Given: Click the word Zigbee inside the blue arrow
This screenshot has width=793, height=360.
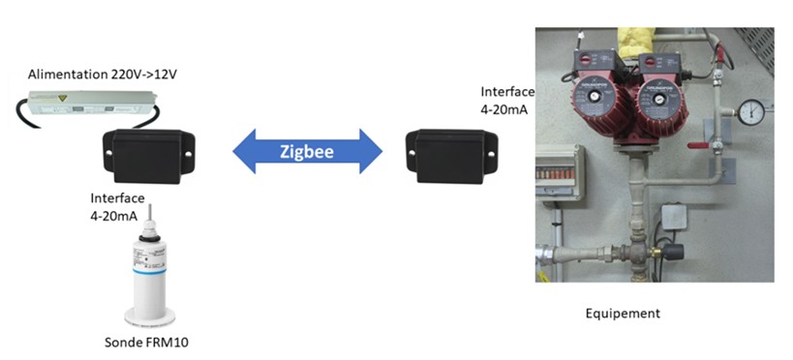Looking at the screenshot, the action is [x=308, y=151].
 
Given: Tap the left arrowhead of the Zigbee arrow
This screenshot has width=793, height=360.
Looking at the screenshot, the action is [x=245, y=151].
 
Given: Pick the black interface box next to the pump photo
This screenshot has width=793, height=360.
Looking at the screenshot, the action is [x=451, y=156].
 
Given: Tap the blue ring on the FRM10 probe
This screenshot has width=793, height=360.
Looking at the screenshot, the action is [x=149, y=272].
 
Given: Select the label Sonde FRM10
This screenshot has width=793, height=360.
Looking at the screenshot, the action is [x=146, y=343].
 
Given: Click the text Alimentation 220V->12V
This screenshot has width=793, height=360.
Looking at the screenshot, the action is [x=103, y=75].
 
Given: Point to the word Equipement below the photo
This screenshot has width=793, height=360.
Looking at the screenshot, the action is [x=623, y=314].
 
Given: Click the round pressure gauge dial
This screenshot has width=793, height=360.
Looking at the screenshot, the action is [x=751, y=111].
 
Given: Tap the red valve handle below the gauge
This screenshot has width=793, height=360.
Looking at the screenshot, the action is [x=699, y=145].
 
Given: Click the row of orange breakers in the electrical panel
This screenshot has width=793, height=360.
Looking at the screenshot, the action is [x=557, y=173].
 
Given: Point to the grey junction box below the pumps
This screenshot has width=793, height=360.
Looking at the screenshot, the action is [x=674, y=216].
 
